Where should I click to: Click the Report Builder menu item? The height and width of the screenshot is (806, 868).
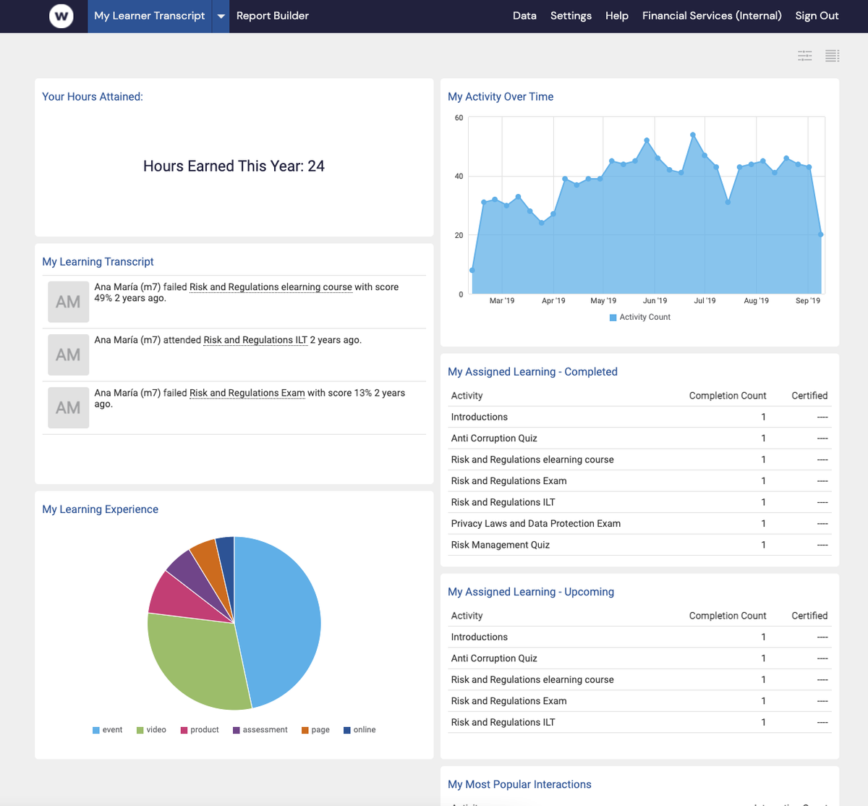click(x=272, y=16)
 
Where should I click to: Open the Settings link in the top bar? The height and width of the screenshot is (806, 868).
click(x=571, y=16)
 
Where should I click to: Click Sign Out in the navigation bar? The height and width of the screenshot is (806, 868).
click(x=817, y=16)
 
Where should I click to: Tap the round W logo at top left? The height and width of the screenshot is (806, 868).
click(x=61, y=16)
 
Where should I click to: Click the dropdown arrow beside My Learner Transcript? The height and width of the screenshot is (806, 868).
click(x=221, y=16)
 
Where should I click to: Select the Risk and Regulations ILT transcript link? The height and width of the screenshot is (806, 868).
click(x=255, y=340)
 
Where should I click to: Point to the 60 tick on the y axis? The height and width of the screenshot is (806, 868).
click(x=459, y=118)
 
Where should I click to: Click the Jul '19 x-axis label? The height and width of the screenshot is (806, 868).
click(x=705, y=300)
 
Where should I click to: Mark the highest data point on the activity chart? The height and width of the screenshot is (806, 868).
click(x=693, y=135)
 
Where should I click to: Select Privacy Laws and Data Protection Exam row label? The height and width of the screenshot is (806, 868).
click(x=535, y=524)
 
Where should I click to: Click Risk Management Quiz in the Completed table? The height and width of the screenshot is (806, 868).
click(x=500, y=545)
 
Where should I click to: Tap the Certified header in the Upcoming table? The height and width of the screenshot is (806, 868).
click(x=809, y=616)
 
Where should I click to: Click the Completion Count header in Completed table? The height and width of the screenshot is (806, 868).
click(x=727, y=396)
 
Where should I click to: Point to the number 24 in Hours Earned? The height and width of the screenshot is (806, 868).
click(x=316, y=166)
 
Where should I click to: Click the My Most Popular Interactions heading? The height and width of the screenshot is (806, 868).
click(x=519, y=784)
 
